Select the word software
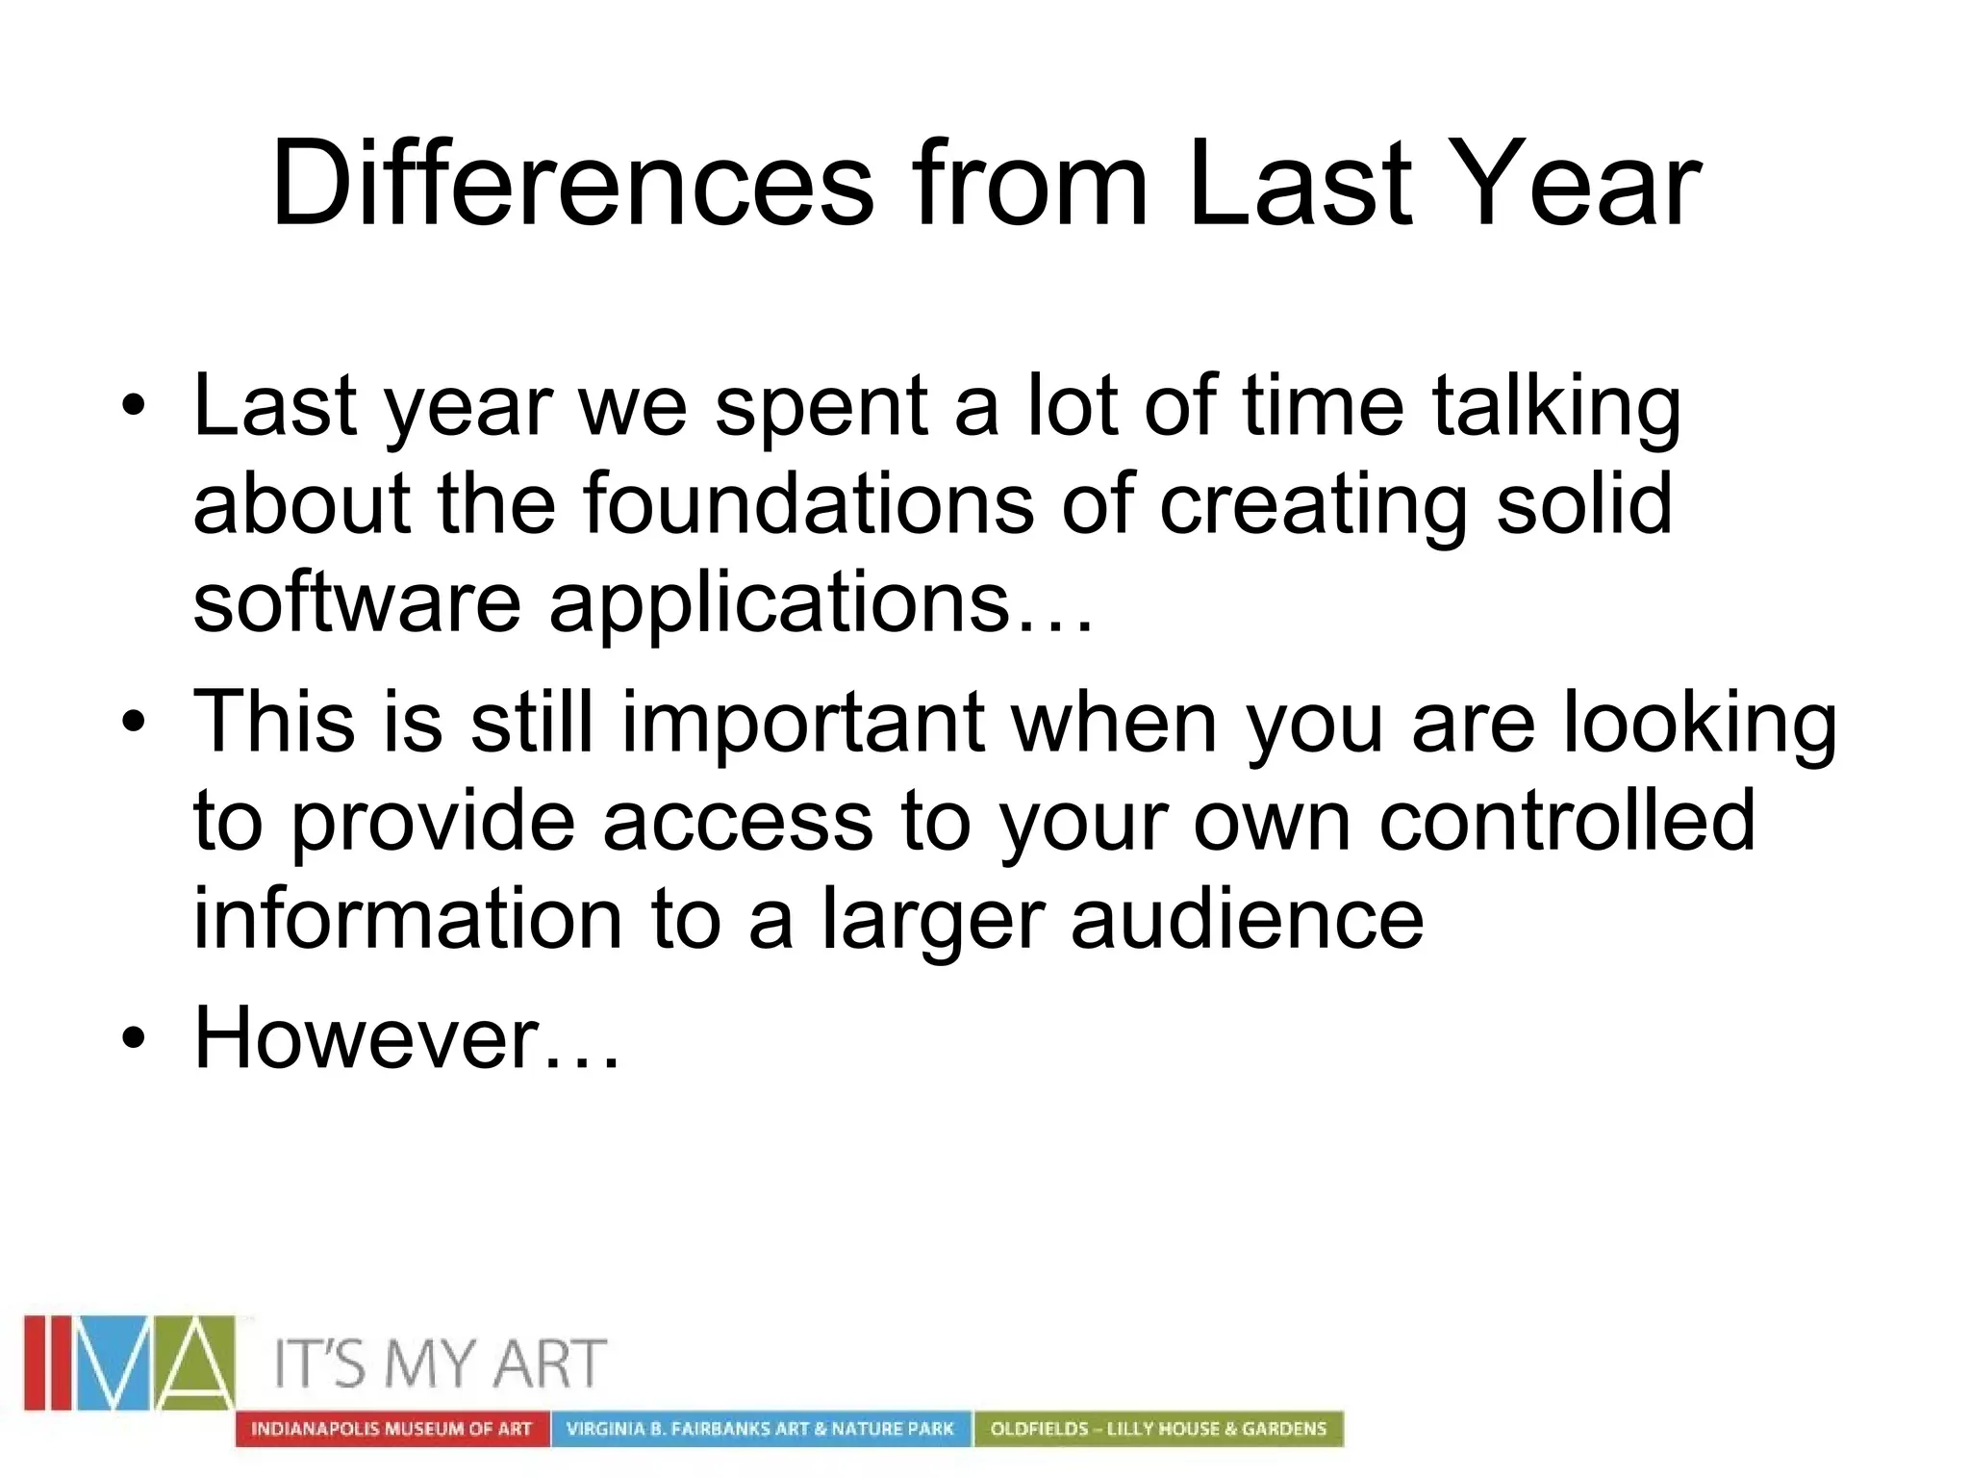point(357,603)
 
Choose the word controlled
point(1567,821)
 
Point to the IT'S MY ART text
point(441,1363)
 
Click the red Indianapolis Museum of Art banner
point(391,1429)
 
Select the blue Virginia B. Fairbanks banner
point(760,1429)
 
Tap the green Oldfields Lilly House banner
point(1158,1429)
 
